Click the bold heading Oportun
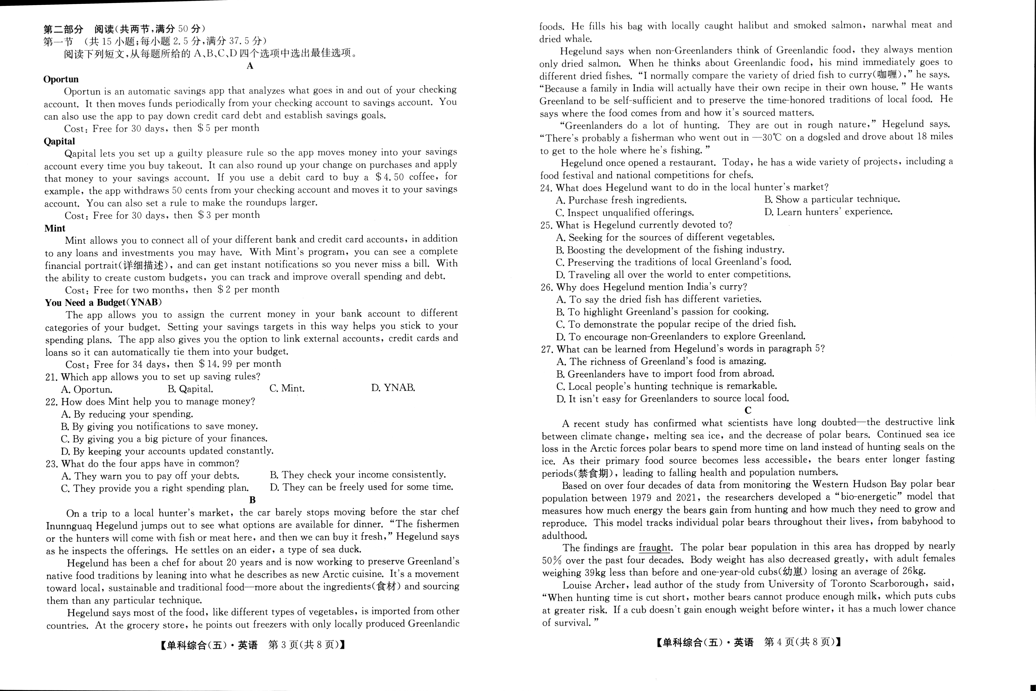coord(61,79)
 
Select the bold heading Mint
coord(55,228)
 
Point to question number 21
coord(52,377)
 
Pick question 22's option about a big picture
coord(164,439)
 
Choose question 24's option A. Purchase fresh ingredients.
coord(621,200)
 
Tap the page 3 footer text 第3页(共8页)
coord(306,645)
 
